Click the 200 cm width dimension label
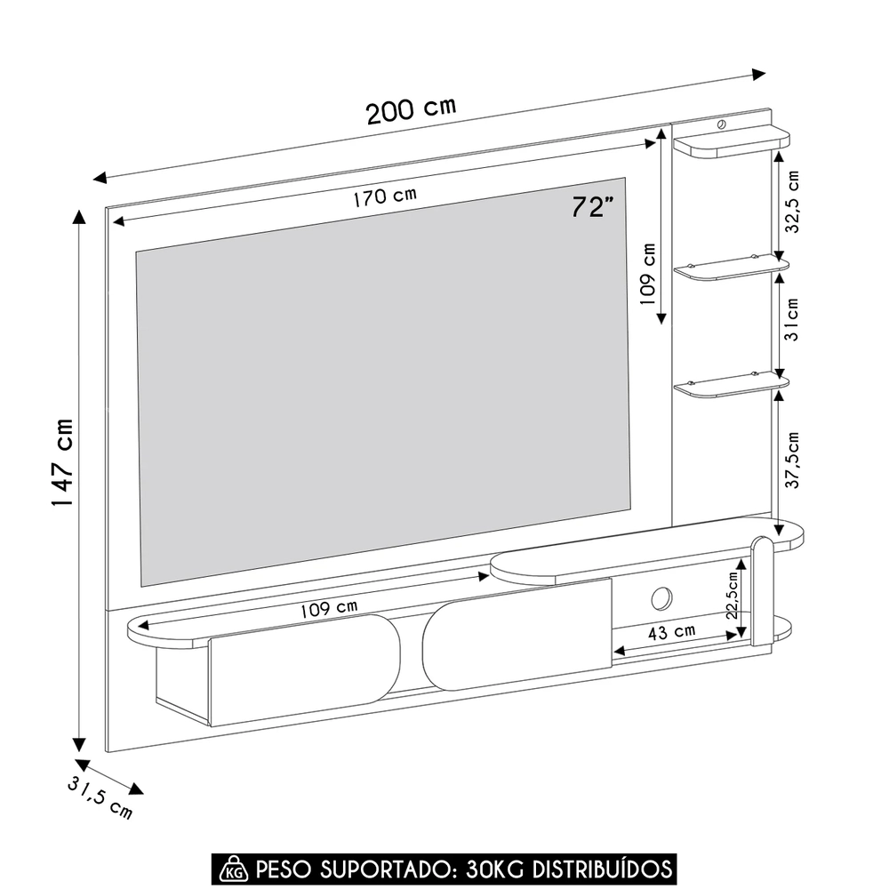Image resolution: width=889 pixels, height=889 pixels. pyautogui.click(x=411, y=110)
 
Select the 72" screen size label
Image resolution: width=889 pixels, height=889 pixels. pyautogui.click(x=593, y=208)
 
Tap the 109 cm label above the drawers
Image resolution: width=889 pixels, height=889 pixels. pyautogui.click(x=329, y=609)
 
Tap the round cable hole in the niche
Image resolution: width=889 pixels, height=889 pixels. pyautogui.click(x=661, y=598)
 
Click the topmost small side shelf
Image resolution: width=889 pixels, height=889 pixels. pyautogui.click(x=731, y=141)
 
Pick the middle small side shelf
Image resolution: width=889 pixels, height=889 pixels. pyautogui.click(x=731, y=268)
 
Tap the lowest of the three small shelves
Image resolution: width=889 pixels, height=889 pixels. pyautogui.click(x=731, y=385)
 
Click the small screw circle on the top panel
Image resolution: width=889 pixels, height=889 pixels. pyautogui.click(x=721, y=124)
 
